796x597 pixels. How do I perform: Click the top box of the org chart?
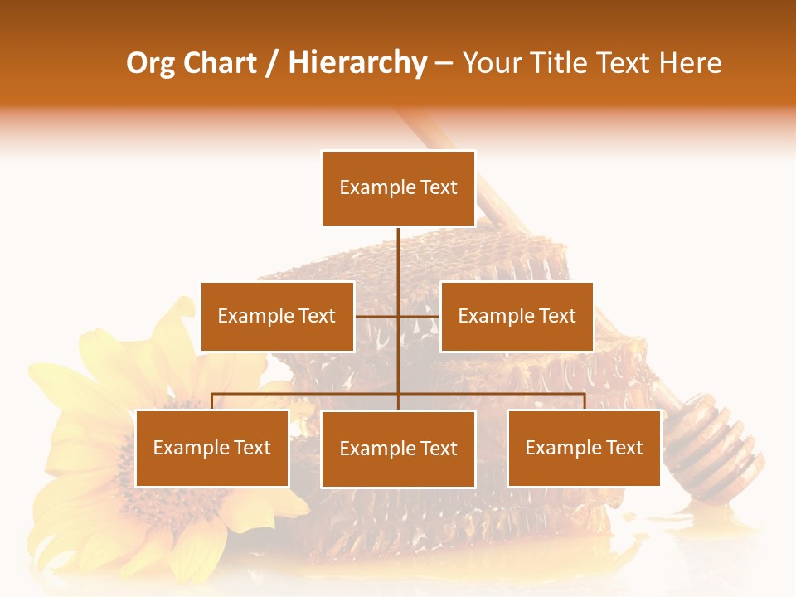point(398,188)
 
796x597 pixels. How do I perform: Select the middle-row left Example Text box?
point(277,316)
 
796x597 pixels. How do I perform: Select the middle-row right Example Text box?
point(517,316)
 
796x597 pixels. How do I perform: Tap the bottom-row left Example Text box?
point(212,449)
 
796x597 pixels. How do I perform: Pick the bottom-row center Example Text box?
point(398,449)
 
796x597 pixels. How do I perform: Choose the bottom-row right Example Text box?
point(584,449)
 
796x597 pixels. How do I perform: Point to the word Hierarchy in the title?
point(357,63)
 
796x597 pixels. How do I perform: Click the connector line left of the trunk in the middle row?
point(376,316)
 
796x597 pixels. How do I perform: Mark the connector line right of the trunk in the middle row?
point(420,316)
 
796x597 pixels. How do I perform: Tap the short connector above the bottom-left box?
point(212,401)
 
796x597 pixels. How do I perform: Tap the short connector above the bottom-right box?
point(585,401)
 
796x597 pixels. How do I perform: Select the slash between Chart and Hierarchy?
point(272,63)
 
